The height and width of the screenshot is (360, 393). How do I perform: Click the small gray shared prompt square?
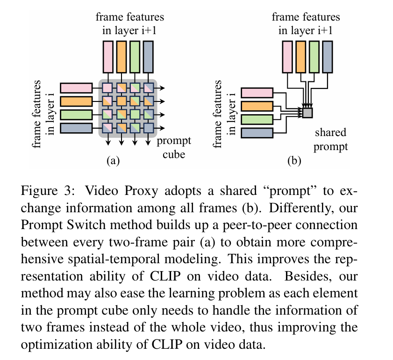tap(307, 112)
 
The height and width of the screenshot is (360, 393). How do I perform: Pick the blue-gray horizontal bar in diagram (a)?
tap(76, 128)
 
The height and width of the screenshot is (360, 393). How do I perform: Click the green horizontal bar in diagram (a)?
tap(76, 115)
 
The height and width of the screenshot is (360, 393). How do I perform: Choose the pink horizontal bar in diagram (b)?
tap(256, 94)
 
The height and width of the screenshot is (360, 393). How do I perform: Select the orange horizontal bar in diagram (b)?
tap(256, 107)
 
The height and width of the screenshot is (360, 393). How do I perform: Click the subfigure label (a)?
tap(113, 161)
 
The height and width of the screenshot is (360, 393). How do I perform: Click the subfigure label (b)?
tap(294, 161)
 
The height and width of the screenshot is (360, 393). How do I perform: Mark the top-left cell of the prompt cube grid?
tap(107, 87)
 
